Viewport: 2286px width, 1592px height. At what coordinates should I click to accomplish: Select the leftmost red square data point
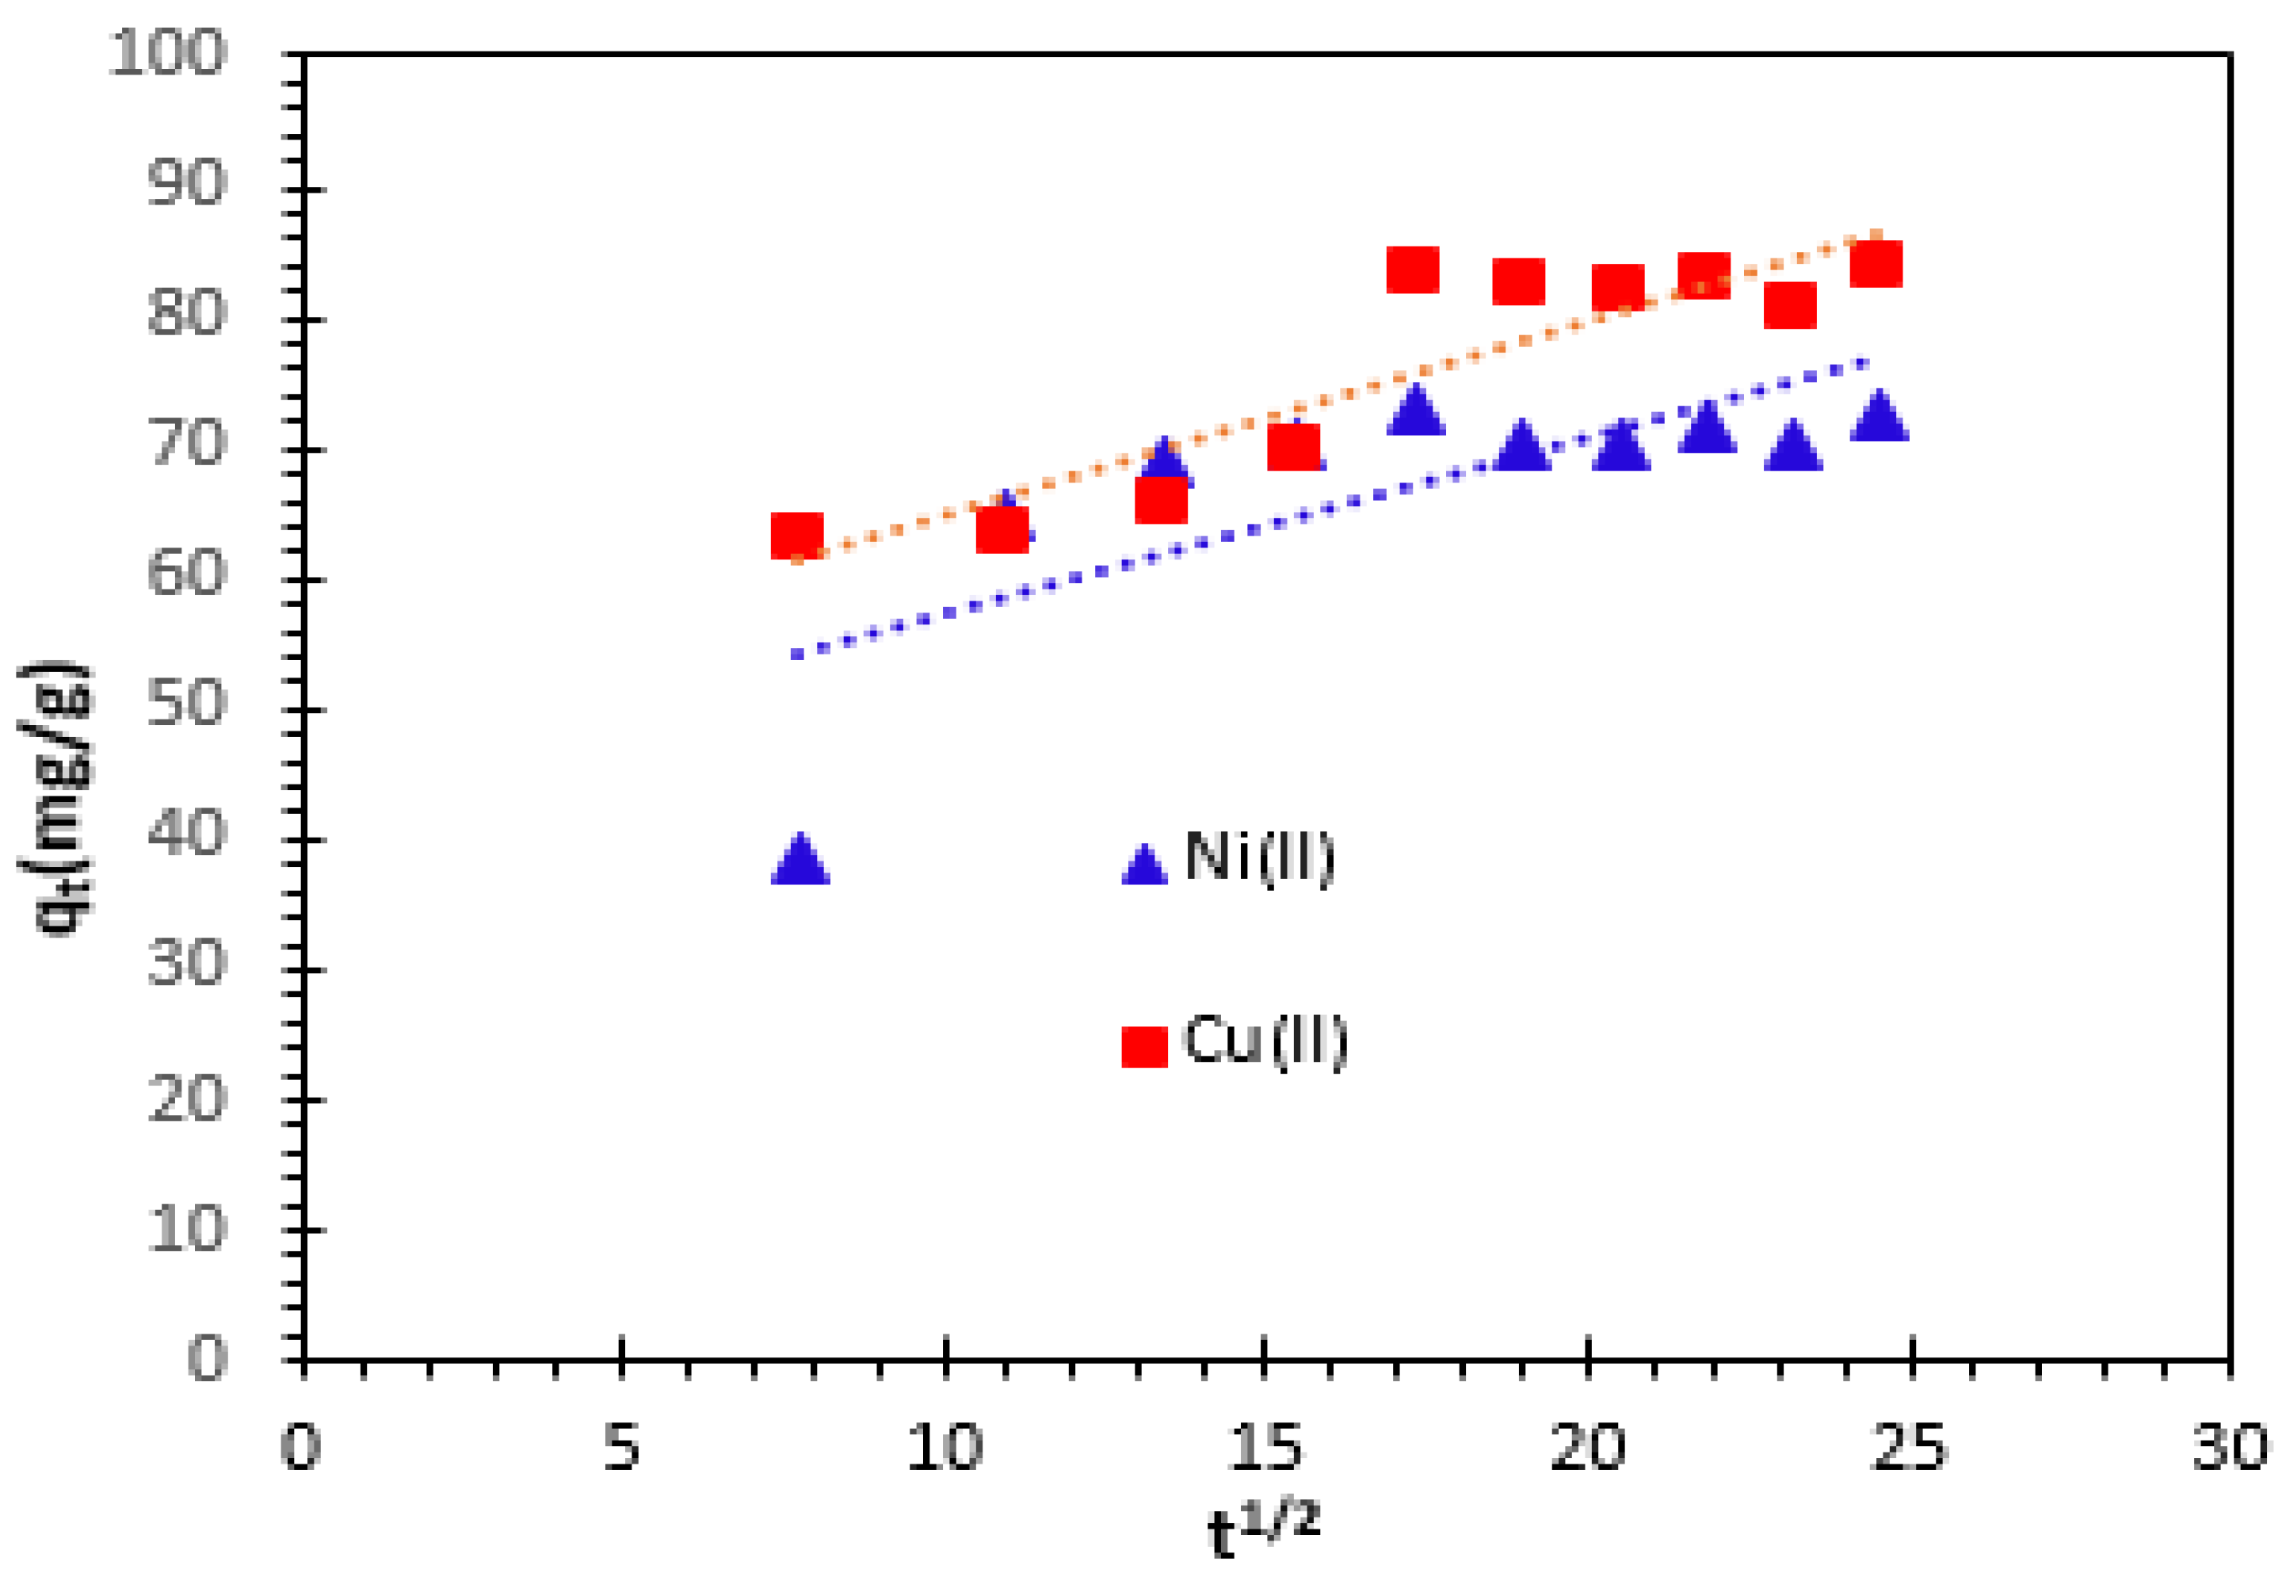796,536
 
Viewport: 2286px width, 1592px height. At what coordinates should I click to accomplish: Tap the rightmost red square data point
1876,264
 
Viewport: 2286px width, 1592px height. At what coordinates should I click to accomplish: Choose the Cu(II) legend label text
1265,1041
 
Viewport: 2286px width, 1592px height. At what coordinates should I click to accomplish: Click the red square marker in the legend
1144,1046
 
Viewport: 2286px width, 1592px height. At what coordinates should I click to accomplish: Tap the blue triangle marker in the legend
1144,865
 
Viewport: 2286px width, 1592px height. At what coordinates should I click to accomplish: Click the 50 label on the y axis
187,704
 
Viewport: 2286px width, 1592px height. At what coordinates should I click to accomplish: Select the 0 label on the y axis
207,1358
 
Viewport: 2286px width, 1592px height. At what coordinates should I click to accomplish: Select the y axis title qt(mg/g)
58,796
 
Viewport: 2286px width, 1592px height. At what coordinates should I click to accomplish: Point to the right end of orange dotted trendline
1876,236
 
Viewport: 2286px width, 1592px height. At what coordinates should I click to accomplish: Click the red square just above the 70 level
1293,446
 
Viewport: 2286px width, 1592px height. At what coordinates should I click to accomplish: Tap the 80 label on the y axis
187,314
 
